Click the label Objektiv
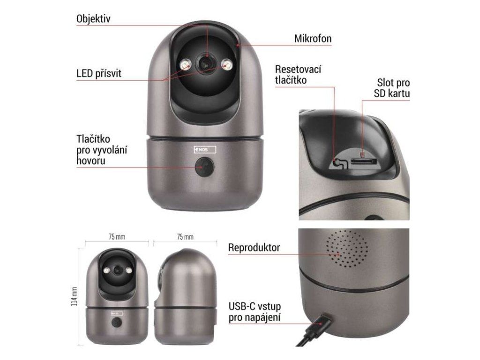point(93,19)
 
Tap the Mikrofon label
point(313,38)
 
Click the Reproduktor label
point(254,247)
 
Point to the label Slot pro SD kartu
point(392,89)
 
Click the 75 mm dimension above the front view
point(117,237)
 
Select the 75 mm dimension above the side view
point(185,237)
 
